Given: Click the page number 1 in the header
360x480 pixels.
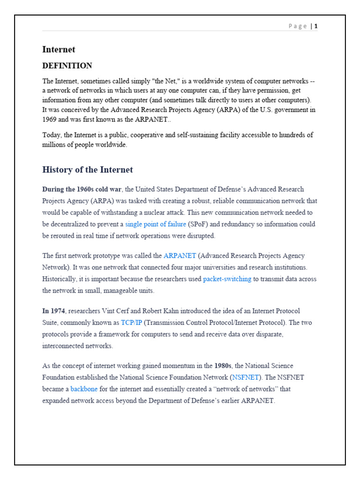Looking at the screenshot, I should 316,26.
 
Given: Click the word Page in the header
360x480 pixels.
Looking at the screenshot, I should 298,26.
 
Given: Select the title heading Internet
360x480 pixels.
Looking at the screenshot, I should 59,50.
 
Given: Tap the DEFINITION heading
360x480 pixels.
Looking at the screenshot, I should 67,66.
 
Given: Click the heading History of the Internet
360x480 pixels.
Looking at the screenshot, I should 88,170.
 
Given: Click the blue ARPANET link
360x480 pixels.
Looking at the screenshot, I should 180,256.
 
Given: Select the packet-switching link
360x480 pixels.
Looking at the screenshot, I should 227,279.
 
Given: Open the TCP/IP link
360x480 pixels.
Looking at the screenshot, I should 131,322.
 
